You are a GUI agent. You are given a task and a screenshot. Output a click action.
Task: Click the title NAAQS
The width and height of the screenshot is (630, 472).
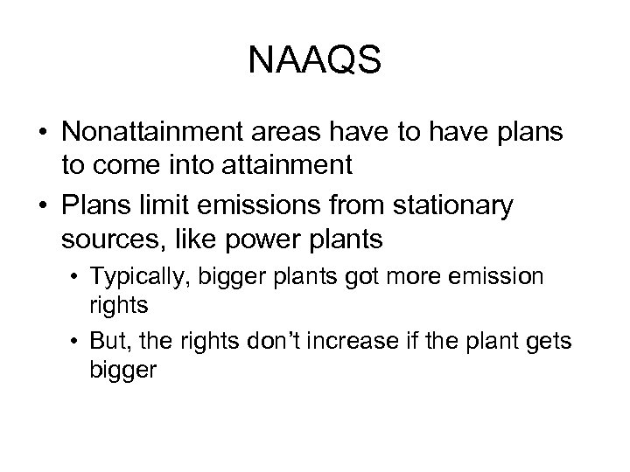(x=315, y=60)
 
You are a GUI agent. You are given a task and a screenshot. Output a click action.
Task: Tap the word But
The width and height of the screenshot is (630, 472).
(x=132, y=339)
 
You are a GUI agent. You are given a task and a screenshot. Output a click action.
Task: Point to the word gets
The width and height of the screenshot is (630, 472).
(x=549, y=339)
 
